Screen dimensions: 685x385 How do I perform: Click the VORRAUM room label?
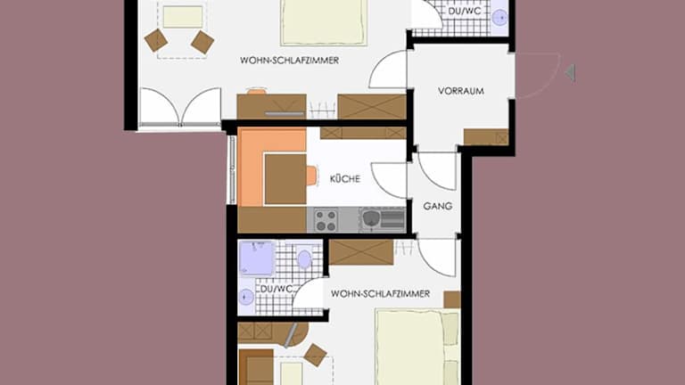461,91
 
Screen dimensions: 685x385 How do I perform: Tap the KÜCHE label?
345,178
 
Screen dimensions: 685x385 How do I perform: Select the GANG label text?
438,206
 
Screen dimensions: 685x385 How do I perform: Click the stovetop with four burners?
326,220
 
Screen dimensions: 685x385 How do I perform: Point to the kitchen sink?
370,218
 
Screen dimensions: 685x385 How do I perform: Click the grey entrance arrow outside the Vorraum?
570,73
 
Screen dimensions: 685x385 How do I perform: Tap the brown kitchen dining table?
285,179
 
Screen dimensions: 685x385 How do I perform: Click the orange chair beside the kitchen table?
311,176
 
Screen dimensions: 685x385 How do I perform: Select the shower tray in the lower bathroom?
257,258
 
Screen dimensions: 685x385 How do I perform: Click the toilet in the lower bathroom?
304,258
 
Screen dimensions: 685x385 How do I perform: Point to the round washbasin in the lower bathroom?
246,298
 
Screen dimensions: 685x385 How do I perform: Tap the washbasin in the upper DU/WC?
499,18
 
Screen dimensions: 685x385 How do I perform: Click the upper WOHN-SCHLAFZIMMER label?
289,61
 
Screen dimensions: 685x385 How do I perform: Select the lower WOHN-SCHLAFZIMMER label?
380,294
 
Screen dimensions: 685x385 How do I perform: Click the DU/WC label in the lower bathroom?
276,290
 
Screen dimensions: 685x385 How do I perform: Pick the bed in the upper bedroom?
324,21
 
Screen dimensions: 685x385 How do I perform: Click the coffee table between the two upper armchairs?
183,17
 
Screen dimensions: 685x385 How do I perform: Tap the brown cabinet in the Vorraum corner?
486,137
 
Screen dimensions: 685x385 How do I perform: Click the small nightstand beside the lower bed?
452,299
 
